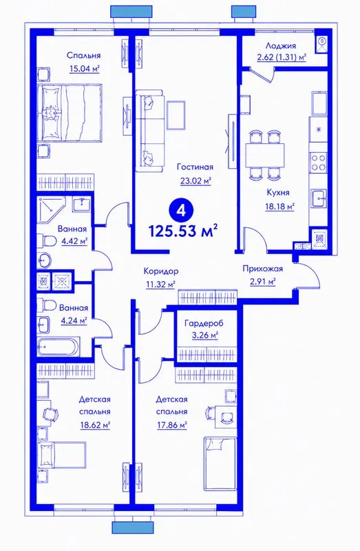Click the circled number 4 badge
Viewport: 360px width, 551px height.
pyautogui.click(x=182, y=211)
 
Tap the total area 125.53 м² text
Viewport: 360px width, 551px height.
pyautogui.click(x=183, y=231)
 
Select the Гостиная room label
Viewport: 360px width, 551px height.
pyautogui.click(x=195, y=167)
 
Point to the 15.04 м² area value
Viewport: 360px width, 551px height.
pyautogui.click(x=84, y=68)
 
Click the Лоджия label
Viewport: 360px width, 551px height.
pyautogui.click(x=281, y=45)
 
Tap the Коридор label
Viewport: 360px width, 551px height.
pyautogui.click(x=161, y=271)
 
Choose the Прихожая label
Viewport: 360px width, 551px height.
pyautogui.click(x=263, y=269)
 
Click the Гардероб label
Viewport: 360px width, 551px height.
pyautogui.click(x=204, y=323)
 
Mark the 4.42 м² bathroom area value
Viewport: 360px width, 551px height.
pyautogui.click(x=74, y=242)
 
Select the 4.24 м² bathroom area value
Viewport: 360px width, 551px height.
pyautogui.click(x=74, y=320)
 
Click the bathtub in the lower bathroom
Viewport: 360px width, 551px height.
pyautogui.click(x=59, y=347)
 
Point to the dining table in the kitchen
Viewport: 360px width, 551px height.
pyautogui.click(x=264, y=154)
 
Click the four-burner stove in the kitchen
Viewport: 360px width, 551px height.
pyautogui.click(x=318, y=163)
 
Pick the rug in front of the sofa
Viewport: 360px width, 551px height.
pyautogui.click(x=176, y=115)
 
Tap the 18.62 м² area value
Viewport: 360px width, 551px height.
pyautogui.click(x=95, y=425)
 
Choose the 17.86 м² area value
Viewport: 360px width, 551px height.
pyautogui.click(x=171, y=425)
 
